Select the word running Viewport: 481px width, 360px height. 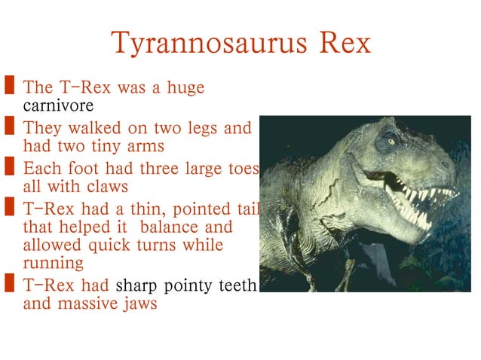click(x=54, y=264)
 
